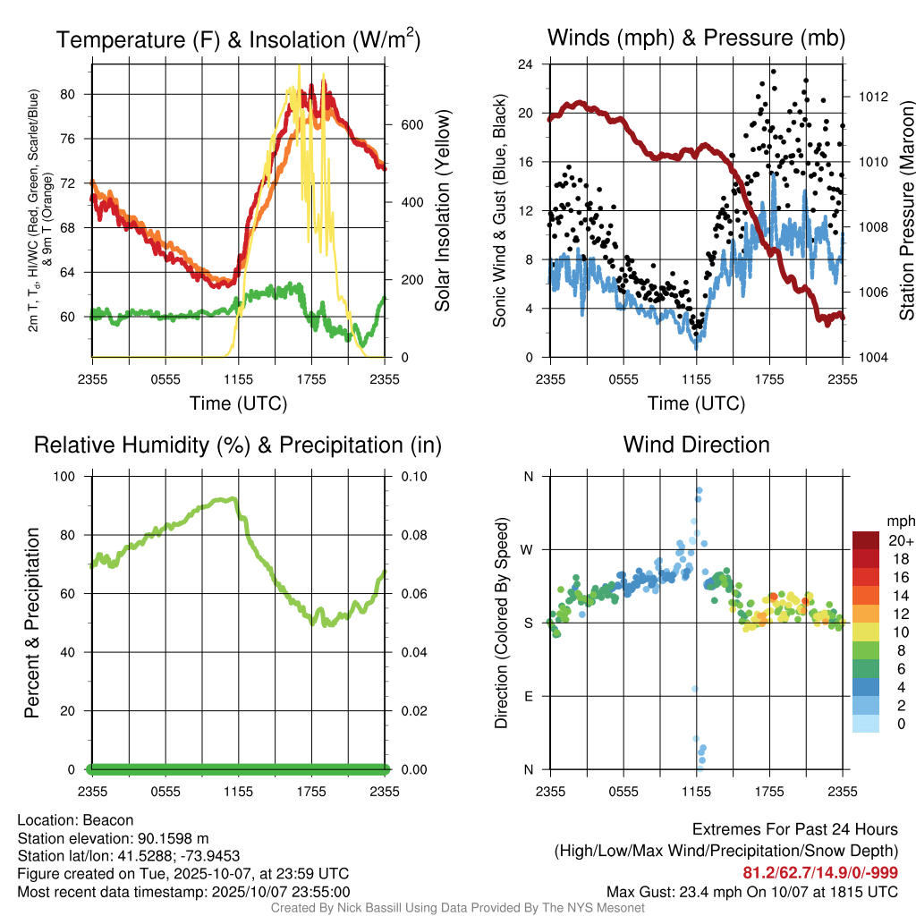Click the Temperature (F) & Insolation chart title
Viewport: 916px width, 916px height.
[239, 40]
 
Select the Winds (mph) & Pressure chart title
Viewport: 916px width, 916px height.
[696, 38]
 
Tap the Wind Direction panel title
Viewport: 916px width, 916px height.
[696, 445]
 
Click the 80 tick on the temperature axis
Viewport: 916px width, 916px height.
[78, 94]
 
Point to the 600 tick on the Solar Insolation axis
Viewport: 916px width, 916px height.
[399, 124]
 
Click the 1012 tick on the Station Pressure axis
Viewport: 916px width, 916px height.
[872, 97]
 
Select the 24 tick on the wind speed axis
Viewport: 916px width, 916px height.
[526, 64]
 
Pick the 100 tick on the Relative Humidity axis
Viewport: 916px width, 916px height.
[75, 476]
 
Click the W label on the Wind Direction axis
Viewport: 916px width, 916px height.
[528, 549]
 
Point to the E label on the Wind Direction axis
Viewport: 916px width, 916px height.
[529, 696]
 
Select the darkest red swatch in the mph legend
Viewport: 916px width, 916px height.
[865, 540]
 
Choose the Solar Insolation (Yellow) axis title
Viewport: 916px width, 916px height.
[442, 211]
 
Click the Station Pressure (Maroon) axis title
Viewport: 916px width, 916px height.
[906, 211]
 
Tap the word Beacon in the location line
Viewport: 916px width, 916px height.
[109, 820]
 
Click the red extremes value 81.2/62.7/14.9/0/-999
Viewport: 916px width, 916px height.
[820, 873]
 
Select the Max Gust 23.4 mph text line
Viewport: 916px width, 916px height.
[752, 892]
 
